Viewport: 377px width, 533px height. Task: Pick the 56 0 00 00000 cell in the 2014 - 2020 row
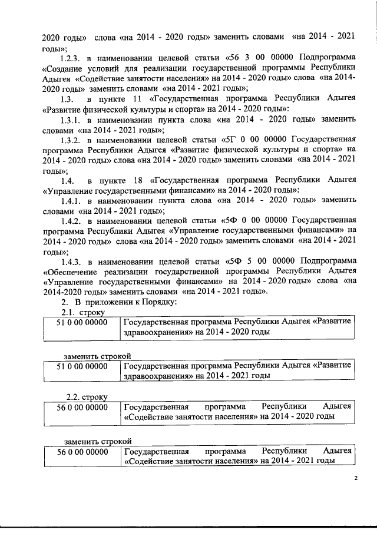coord(81,406)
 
